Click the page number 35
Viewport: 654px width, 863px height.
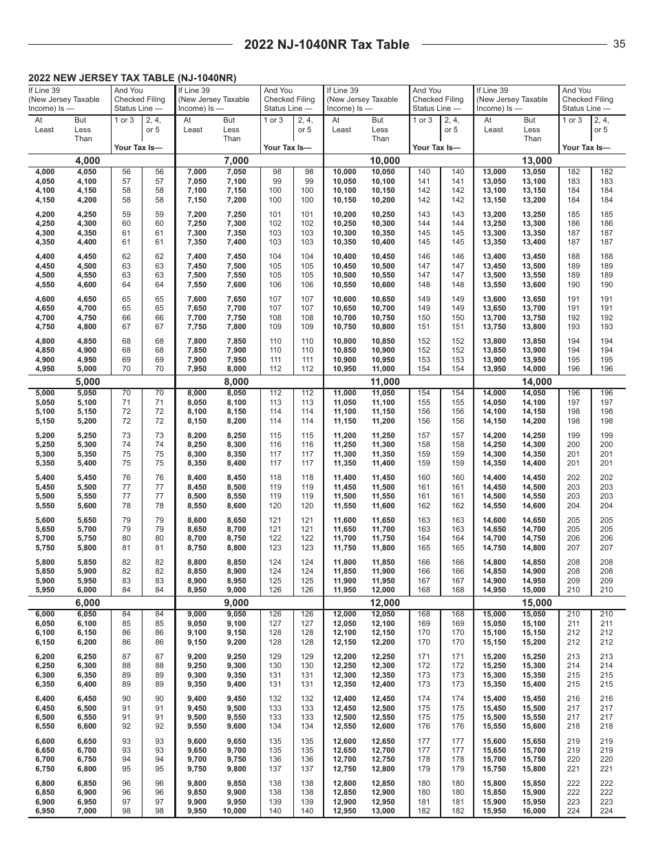pyautogui.click(x=619, y=44)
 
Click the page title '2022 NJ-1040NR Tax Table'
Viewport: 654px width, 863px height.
pyautogui.click(x=327, y=45)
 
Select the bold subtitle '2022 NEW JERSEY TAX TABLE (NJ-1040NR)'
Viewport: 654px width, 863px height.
pyautogui.click(x=132, y=79)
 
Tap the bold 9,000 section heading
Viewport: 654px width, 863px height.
pyautogui.click(x=236, y=603)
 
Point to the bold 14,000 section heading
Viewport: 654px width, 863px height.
pyautogui.click(x=537, y=382)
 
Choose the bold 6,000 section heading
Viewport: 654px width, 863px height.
pyautogui.click(x=87, y=603)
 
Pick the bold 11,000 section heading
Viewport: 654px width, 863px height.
pyautogui.click(x=386, y=382)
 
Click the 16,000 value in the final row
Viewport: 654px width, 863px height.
pyautogui.click(x=534, y=811)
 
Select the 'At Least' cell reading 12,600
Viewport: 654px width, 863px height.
pyautogui.click(x=345, y=741)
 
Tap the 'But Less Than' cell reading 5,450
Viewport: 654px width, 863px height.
pyautogui.click(x=87, y=477)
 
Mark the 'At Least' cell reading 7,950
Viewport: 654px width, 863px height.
pyautogui.click(x=197, y=369)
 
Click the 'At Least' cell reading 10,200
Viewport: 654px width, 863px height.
pyautogui.click(x=345, y=214)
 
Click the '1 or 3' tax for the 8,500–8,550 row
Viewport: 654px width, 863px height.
pyautogui.click(x=275, y=496)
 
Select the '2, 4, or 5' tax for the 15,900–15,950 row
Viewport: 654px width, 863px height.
pyautogui.click(x=606, y=802)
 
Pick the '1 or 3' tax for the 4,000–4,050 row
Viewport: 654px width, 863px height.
pyautogui.click(x=127, y=172)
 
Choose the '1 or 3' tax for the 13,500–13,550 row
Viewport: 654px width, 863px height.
pyautogui.click(x=573, y=275)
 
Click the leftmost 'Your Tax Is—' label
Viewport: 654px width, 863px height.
pyautogui.click(x=138, y=147)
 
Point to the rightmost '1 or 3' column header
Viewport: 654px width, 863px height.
pyautogui.click(x=573, y=121)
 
